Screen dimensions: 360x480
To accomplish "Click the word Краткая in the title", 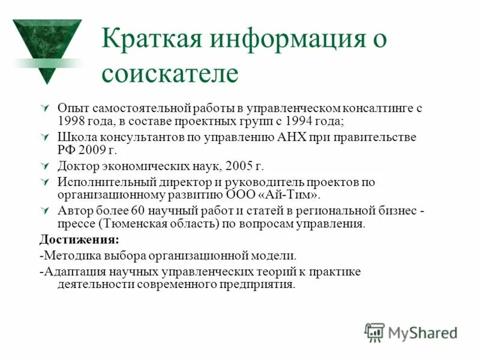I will tap(144, 40).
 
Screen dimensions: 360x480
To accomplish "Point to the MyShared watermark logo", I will tap(411, 332).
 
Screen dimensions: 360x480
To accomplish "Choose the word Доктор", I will tap(80, 166).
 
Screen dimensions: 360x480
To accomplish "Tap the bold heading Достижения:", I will tap(79, 239).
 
